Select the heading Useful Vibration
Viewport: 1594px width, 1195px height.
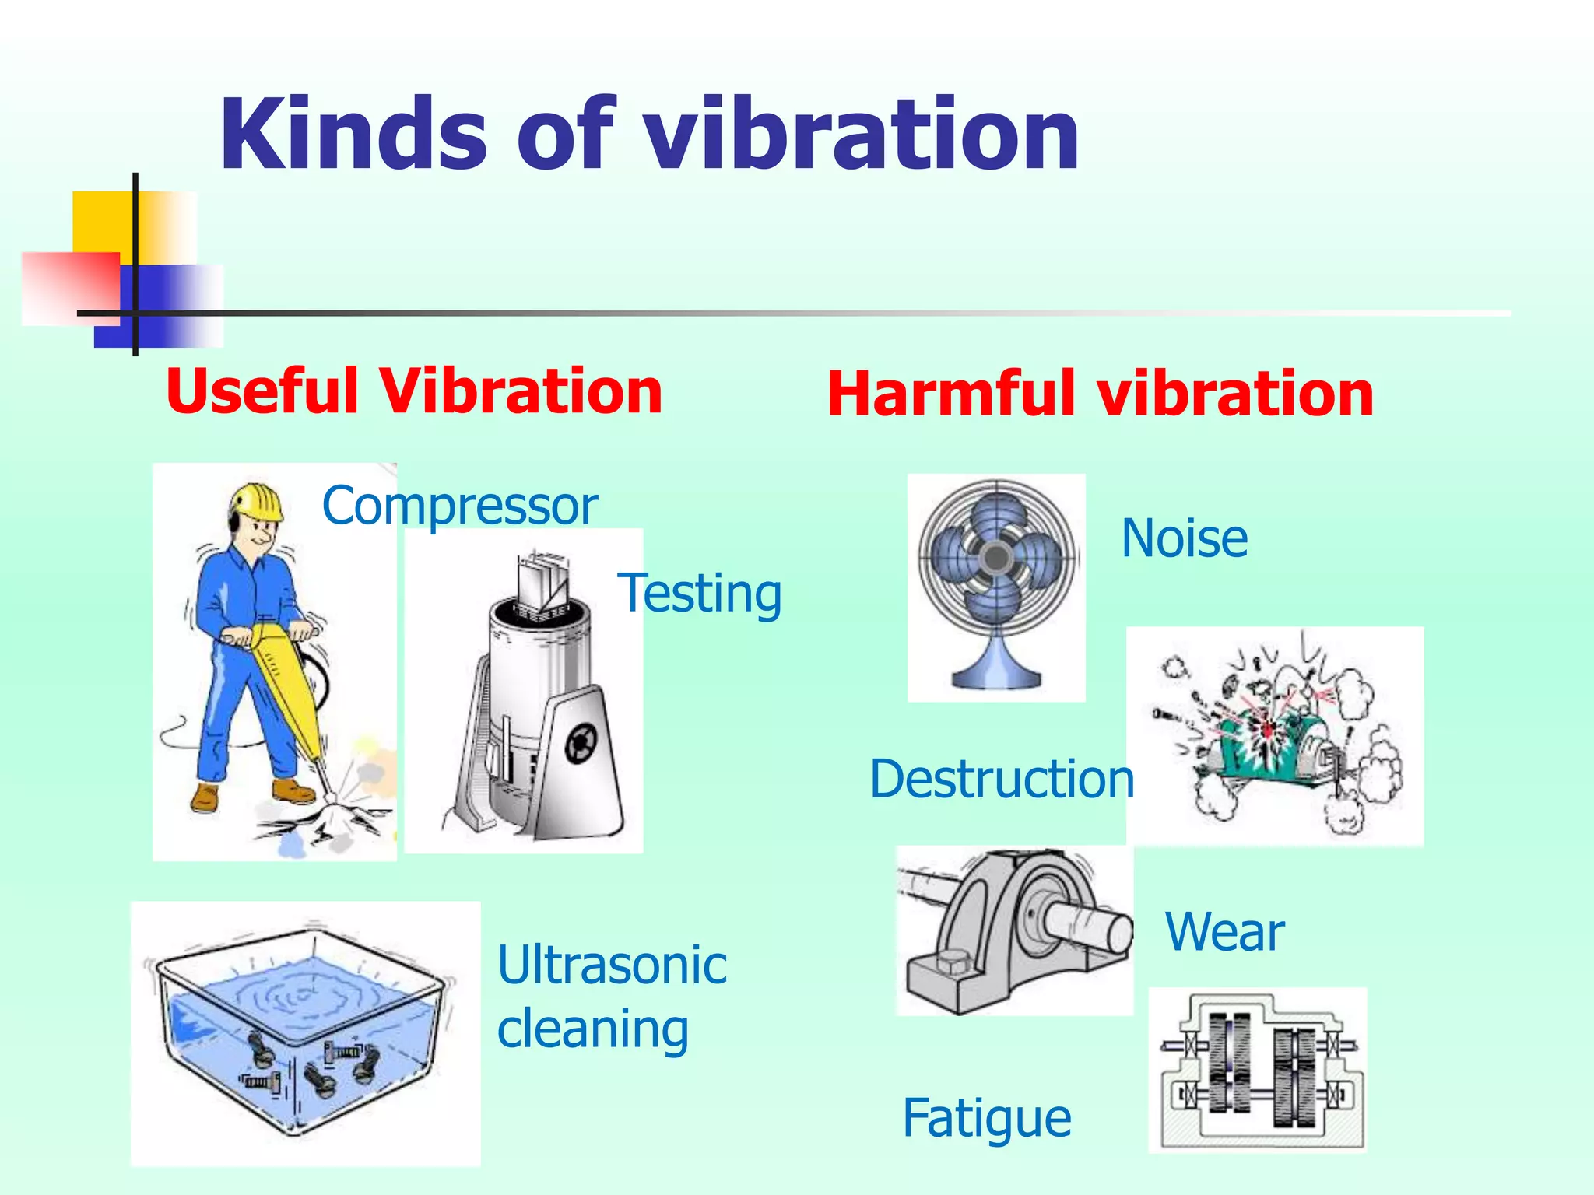pyautogui.click(x=413, y=391)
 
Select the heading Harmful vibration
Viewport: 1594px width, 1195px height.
pyautogui.click(x=1100, y=394)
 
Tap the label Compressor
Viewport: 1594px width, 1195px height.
pyautogui.click(x=459, y=506)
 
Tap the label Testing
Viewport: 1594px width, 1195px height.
pyautogui.click(x=699, y=594)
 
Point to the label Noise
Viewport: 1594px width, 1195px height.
pyautogui.click(x=1184, y=538)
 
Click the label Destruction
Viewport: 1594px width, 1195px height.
pyautogui.click(x=1002, y=779)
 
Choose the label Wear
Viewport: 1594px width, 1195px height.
pyautogui.click(x=1224, y=932)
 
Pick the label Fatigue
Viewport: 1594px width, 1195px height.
pyautogui.click(x=987, y=1119)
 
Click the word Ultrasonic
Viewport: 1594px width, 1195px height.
pyautogui.click(x=612, y=965)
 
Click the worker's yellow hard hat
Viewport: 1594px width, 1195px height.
pyautogui.click(x=257, y=501)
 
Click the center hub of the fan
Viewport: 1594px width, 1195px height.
pyautogui.click(x=995, y=557)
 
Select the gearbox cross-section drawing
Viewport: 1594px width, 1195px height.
pyautogui.click(x=1257, y=1070)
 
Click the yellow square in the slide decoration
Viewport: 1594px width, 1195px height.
pyautogui.click(x=101, y=222)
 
